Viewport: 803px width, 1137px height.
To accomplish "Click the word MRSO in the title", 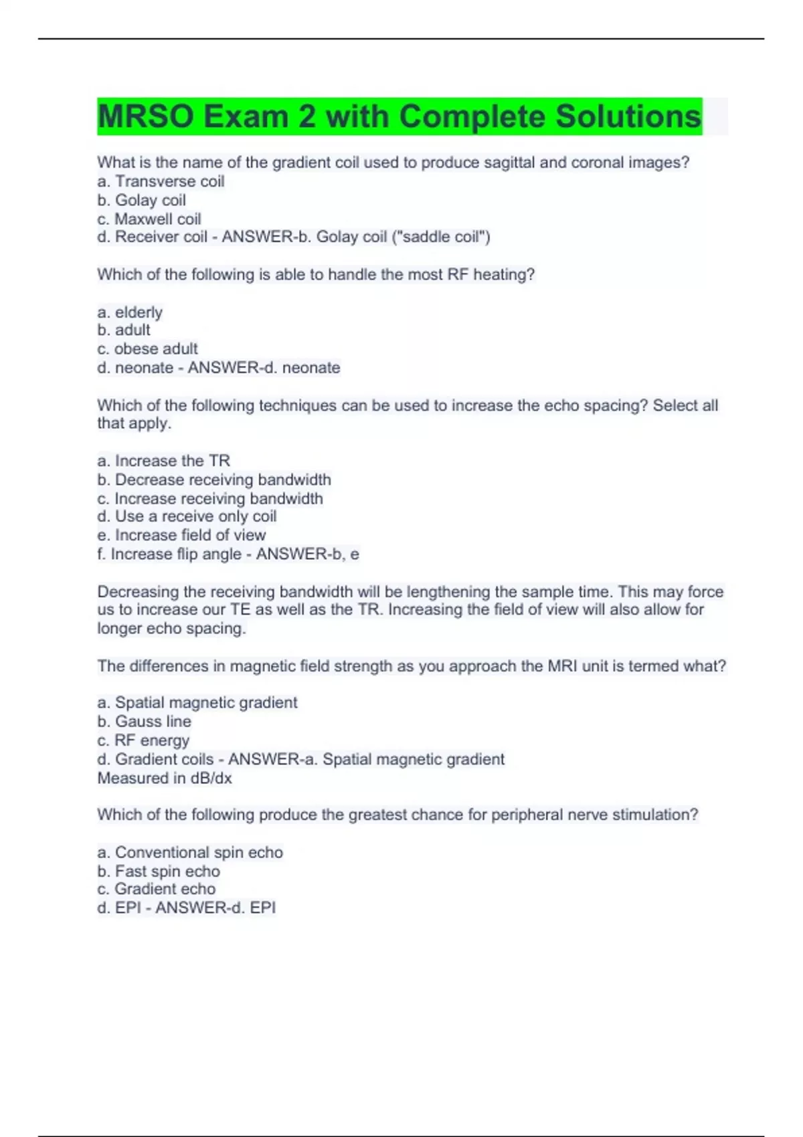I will coord(146,116).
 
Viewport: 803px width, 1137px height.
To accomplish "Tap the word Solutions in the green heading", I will coord(628,116).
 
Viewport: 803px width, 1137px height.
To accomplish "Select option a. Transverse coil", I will coord(161,181).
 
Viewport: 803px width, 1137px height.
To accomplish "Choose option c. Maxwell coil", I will coord(149,219).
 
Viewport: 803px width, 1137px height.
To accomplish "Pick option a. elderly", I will coord(130,312).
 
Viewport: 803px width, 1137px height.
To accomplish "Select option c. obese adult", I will coord(147,348).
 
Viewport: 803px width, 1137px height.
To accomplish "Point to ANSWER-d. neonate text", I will coord(264,367).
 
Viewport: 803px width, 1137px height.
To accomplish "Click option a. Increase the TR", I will coord(163,461).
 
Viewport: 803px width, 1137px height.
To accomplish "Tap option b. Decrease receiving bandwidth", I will coord(214,480).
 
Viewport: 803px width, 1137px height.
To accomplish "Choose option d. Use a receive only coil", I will coord(187,516).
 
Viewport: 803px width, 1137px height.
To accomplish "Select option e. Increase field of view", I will coord(181,535).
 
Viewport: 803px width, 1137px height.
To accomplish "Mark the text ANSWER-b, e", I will coord(307,554).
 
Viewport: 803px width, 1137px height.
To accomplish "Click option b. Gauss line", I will coord(144,721).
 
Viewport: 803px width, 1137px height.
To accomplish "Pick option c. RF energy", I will coord(143,740).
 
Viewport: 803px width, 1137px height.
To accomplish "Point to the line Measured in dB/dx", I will coord(165,778).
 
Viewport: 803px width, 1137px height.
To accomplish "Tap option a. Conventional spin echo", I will coord(190,852).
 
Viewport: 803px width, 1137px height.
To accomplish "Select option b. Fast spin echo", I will coord(159,871).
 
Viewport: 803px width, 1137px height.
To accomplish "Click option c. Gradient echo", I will coord(157,889).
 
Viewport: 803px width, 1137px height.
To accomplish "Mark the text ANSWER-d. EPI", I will coord(215,908).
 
